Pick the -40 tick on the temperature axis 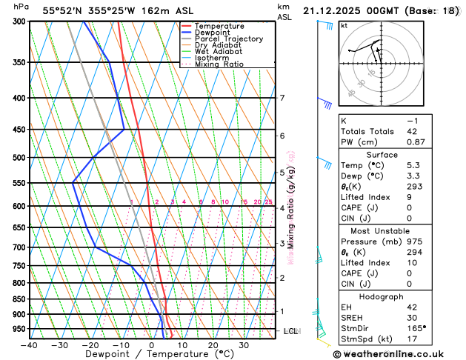pos(30,345)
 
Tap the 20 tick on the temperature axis pos(213,345)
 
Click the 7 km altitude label pos(282,99)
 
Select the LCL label pos(290,331)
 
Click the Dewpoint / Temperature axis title pos(151,354)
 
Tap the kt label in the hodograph pos(344,26)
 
